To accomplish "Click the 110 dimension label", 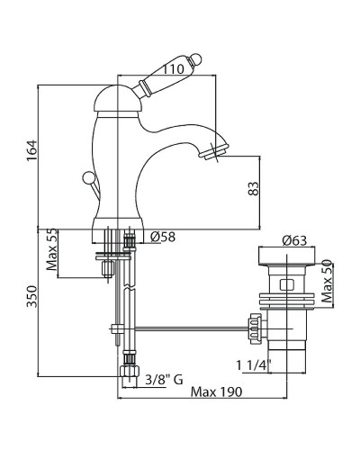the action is point(173,69).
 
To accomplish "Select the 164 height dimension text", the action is point(31,150).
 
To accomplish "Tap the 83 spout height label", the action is point(254,189).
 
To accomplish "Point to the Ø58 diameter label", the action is point(162,238).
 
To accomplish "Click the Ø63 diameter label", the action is point(294,240).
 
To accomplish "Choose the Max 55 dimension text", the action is point(51,249).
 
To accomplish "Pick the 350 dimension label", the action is point(31,296).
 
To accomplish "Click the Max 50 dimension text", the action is point(327,281).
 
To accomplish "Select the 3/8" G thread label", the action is point(164,380).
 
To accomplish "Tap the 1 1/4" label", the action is point(254,365).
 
